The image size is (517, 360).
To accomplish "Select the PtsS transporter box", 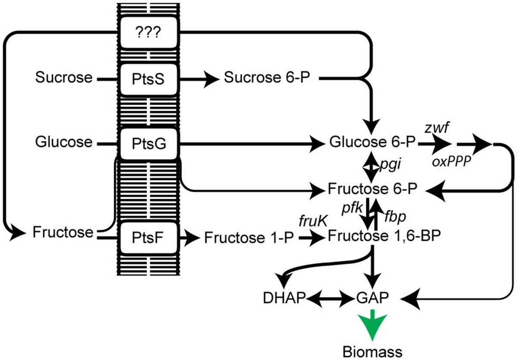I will tap(149, 79).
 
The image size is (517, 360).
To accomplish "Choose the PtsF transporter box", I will tap(149, 237).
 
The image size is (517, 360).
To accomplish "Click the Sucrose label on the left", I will tap(64, 78).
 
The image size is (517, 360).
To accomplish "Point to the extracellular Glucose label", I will tap(64, 142).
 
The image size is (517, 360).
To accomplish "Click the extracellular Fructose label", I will tap(63, 233).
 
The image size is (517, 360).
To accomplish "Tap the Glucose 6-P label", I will tap(372, 143).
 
